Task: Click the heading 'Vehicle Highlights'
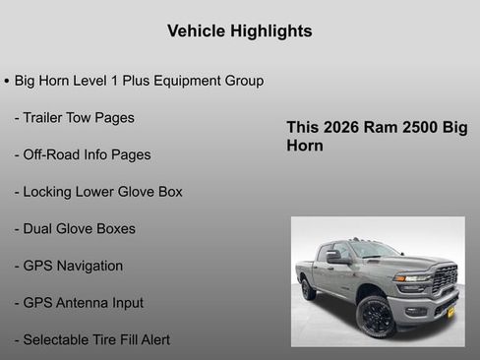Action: point(240,31)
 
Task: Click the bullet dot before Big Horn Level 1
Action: point(7,81)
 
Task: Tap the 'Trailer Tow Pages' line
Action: point(75,118)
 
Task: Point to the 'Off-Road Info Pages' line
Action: point(83,154)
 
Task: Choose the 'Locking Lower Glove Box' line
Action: point(98,192)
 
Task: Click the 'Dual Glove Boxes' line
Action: point(75,228)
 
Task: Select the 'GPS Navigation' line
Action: point(69,266)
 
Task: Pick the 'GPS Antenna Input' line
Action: point(79,303)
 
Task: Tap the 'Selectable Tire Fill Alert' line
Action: point(92,339)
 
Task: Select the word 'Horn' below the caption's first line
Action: point(305,146)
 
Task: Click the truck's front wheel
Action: point(376,317)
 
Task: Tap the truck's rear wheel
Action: point(309,288)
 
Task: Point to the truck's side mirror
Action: point(333,257)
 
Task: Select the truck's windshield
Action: point(370,250)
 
